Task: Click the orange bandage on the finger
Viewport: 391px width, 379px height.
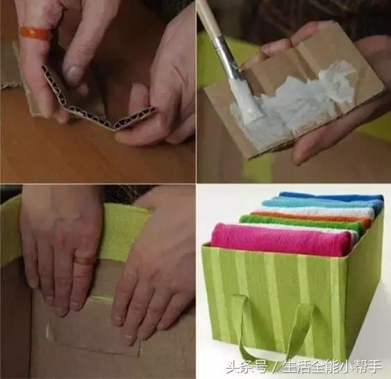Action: [x=35, y=33]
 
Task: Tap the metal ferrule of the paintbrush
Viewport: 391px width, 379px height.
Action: [x=225, y=54]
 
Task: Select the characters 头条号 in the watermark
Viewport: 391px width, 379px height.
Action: [x=247, y=367]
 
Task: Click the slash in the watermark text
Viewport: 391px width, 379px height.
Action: [x=274, y=367]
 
